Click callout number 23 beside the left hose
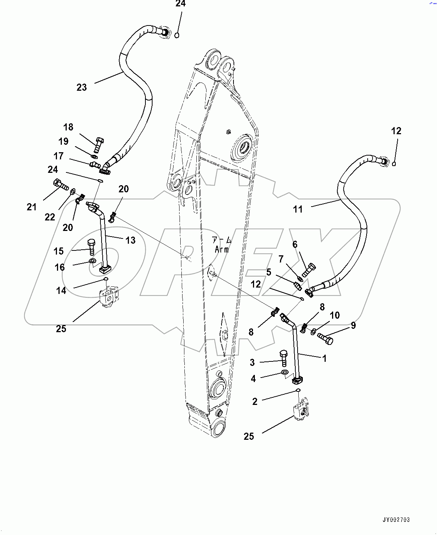point(82,87)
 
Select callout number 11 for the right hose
point(298,209)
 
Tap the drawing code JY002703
point(396,520)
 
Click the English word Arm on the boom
point(222,250)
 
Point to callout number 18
point(68,127)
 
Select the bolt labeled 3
point(284,358)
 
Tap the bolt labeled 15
point(91,247)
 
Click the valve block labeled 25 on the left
point(109,297)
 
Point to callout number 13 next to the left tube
point(130,240)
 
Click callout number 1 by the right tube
point(325,358)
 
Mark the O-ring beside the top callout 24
point(177,35)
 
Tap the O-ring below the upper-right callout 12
point(394,163)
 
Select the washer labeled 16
point(92,261)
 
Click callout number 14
point(61,291)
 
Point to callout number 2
point(255,402)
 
